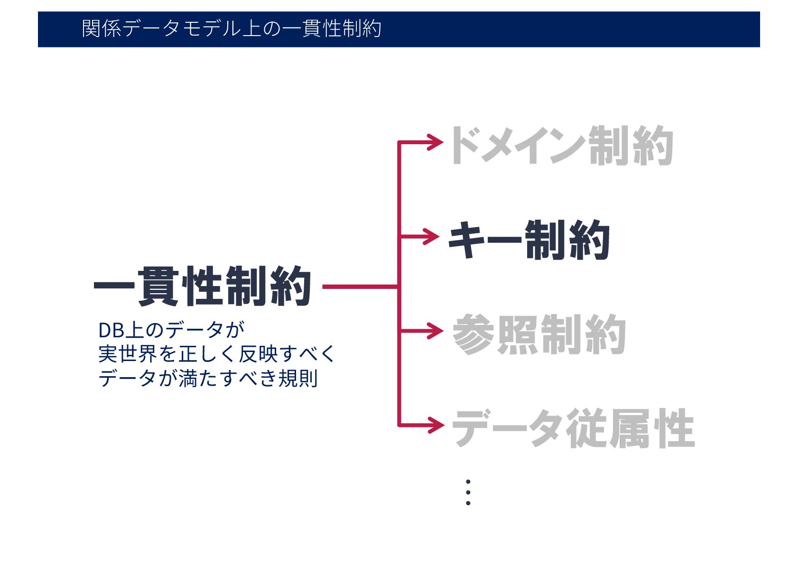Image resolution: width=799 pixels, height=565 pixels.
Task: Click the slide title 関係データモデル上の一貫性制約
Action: tap(232, 29)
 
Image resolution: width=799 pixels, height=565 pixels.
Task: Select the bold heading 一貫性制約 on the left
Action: tap(203, 287)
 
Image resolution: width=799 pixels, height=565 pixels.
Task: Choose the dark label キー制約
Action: tap(529, 240)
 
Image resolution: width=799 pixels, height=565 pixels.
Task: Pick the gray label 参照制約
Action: tap(539, 334)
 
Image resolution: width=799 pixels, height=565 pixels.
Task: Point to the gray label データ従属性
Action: tap(573, 428)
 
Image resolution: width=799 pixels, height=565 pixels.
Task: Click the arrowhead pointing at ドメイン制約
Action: tap(436, 142)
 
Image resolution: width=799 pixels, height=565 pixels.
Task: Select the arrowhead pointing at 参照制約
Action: tap(436, 331)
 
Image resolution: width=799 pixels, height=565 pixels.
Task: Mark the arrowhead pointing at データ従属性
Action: tap(436, 425)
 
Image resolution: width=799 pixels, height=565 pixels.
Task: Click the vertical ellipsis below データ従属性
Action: tap(468, 492)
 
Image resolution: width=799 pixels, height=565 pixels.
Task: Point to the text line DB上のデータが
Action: tap(171, 330)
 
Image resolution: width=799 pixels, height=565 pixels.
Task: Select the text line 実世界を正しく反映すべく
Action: tap(216, 354)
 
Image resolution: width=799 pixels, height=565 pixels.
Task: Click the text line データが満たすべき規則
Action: tap(208, 379)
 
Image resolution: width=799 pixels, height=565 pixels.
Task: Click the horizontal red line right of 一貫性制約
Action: tap(360, 287)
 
